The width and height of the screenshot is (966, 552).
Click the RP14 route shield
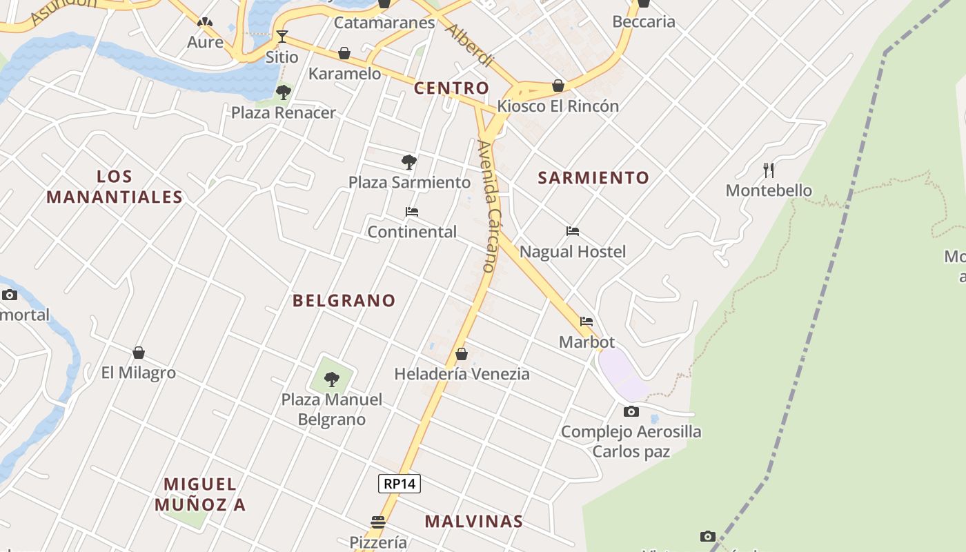pos(400,484)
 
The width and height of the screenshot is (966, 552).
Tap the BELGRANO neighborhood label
pos(344,300)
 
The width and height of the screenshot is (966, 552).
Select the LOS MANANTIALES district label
pos(115,187)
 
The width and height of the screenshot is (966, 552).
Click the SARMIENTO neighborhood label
pos(593,177)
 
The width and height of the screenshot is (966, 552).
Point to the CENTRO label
pos(451,88)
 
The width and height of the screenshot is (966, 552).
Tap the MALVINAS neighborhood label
pos(473,521)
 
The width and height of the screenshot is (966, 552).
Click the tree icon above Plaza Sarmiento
pos(409,162)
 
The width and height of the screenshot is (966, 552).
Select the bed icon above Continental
pos(412,212)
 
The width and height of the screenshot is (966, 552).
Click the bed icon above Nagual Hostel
pos(572,231)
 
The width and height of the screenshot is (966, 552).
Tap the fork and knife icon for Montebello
pos(769,170)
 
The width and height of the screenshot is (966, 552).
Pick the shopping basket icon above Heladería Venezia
pos(462,354)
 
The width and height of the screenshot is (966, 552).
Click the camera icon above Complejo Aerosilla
pos(631,412)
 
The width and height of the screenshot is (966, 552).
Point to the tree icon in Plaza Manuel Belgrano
pos(332,379)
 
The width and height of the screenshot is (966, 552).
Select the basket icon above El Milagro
pos(139,353)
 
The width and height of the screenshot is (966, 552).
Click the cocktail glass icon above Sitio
pos(282,37)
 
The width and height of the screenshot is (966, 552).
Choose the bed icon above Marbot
pos(586,322)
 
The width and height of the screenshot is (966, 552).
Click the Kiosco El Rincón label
pos(558,106)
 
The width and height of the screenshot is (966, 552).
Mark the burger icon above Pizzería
pos(377,522)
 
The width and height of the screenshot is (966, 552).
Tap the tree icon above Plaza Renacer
pos(283,92)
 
